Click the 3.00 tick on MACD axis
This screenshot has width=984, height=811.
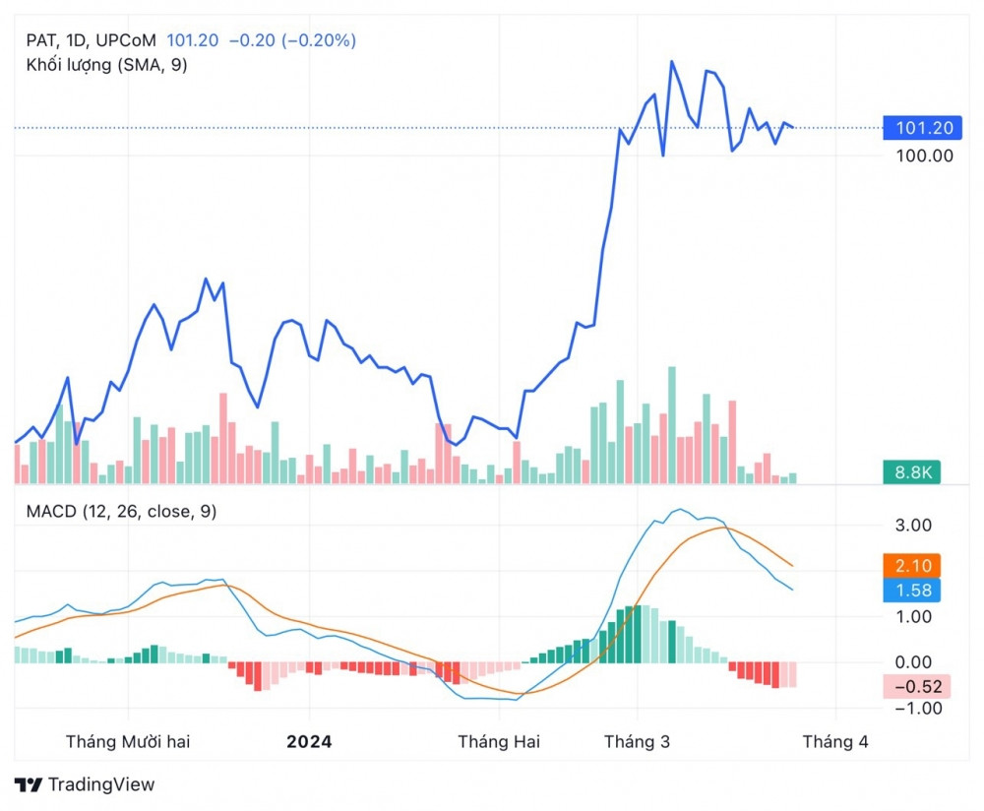[913, 526]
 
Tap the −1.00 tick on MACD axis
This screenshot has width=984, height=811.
[911, 709]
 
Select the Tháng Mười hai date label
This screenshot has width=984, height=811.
[128, 742]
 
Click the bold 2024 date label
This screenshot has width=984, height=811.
[309, 742]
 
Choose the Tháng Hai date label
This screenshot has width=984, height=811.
[499, 742]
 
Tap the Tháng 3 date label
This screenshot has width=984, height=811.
[637, 742]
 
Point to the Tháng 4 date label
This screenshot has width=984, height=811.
[835, 742]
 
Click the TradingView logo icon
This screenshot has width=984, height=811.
[30, 784]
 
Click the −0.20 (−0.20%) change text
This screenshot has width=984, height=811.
[292, 40]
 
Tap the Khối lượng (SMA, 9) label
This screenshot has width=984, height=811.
[106, 65]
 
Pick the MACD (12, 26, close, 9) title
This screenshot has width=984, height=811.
[122, 511]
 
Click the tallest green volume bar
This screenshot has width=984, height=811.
[672, 424]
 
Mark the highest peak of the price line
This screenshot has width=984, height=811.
[672, 62]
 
